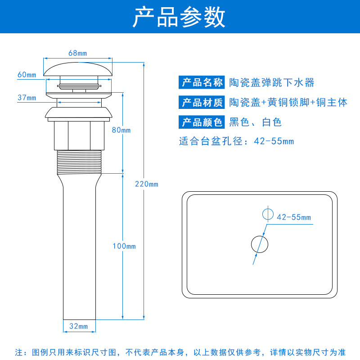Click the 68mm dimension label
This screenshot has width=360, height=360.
tap(77, 53)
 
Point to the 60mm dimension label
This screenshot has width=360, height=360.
tap(27, 75)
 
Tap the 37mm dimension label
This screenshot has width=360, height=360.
tap(27, 98)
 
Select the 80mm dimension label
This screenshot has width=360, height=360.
tap(121, 130)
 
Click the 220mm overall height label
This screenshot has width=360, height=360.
tap(147, 184)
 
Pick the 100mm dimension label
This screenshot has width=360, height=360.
tap(124, 246)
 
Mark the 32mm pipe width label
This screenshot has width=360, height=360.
tap(78, 326)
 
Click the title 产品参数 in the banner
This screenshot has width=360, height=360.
tap(179, 18)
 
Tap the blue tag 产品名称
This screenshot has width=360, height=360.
tap(202, 83)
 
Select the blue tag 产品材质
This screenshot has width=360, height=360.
tap(202, 103)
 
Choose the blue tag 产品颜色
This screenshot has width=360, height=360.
tap(202, 122)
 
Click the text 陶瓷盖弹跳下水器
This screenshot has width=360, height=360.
tap(271, 83)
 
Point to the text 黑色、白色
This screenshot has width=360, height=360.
tap(255, 122)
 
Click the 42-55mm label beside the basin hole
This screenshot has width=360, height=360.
tap(294, 217)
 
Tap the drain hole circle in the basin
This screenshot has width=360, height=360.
tap(259, 244)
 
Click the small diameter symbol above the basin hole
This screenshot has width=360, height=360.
tap(267, 213)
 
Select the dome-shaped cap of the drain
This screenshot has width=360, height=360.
tap(78, 68)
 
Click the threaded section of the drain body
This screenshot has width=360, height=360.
tap(78, 162)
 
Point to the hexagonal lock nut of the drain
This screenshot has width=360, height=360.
tap(78, 135)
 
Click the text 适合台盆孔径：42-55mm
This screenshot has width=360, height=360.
tap(236, 141)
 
